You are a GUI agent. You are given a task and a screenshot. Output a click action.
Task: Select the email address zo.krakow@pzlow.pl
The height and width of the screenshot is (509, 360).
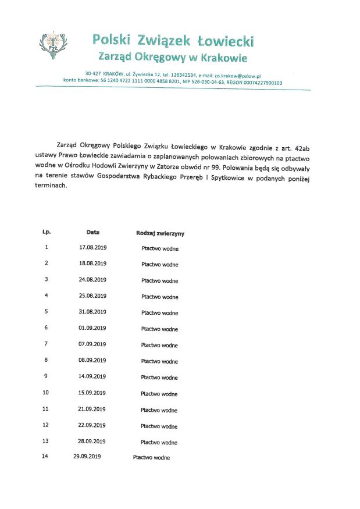pyautogui.click(x=237, y=76)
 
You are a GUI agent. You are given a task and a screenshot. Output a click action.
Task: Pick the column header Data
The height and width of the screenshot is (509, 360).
pyautogui.click(x=93, y=232)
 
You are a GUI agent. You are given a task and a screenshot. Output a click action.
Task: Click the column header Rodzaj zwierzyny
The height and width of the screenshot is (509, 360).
pyautogui.click(x=161, y=233)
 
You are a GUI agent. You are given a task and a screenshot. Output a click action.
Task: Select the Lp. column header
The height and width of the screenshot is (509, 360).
pyautogui.click(x=47, y=232)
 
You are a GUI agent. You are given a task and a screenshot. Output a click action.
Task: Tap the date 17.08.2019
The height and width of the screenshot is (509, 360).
pyautogui.click(x=93, y=247)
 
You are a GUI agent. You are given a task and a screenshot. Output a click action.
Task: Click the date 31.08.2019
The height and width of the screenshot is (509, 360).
pyautogui.click(x=93, y=312)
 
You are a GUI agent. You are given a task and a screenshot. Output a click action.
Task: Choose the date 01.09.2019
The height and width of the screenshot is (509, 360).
pyautogui.click(x=93, y=328)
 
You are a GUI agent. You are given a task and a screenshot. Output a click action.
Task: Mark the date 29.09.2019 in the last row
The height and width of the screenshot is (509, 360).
pyautogui.click(x=87, y=457)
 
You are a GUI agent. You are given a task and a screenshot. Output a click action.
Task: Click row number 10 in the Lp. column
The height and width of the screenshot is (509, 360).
pyautogui.click(x=46, y=393)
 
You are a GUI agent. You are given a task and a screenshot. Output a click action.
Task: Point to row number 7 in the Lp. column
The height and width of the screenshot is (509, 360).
pyautogui.click(x=46, y=344)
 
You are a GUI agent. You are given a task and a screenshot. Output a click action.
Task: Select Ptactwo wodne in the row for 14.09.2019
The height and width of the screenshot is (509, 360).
pyautogui.click(x=159, y=378)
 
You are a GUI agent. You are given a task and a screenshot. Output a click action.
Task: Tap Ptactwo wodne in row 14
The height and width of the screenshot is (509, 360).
pyautogui.click(x=151, y=458)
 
